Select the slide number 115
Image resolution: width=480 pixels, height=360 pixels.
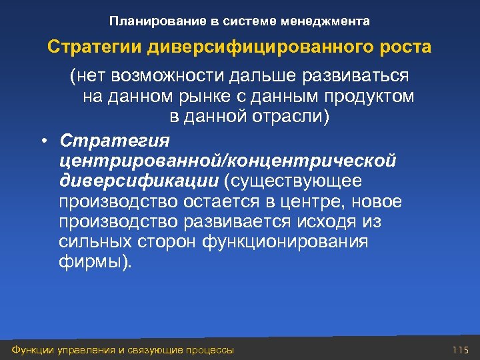(461, 350)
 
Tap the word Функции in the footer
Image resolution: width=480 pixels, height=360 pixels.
(27, 350)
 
